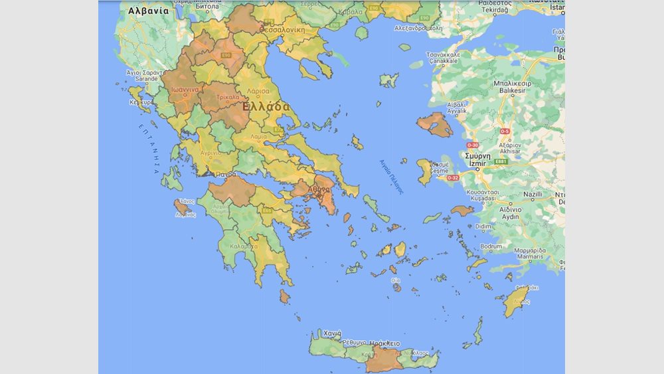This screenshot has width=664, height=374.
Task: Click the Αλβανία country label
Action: pos(148,11)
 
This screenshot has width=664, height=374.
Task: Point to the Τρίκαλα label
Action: pos(228,98)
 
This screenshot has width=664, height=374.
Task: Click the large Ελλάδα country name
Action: pos(266,107)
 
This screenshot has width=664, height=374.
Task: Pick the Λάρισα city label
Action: pos(258,90)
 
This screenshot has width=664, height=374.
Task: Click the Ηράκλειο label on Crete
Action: pos(384,343)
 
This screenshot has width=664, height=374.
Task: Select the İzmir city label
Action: pos(477,163)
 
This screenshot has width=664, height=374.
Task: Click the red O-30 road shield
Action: pos(473,144)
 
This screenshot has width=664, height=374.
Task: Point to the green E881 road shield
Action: pos(501,161)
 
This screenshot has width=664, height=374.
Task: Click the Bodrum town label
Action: pos(491,246)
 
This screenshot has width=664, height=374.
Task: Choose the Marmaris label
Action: pos(529,257)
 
